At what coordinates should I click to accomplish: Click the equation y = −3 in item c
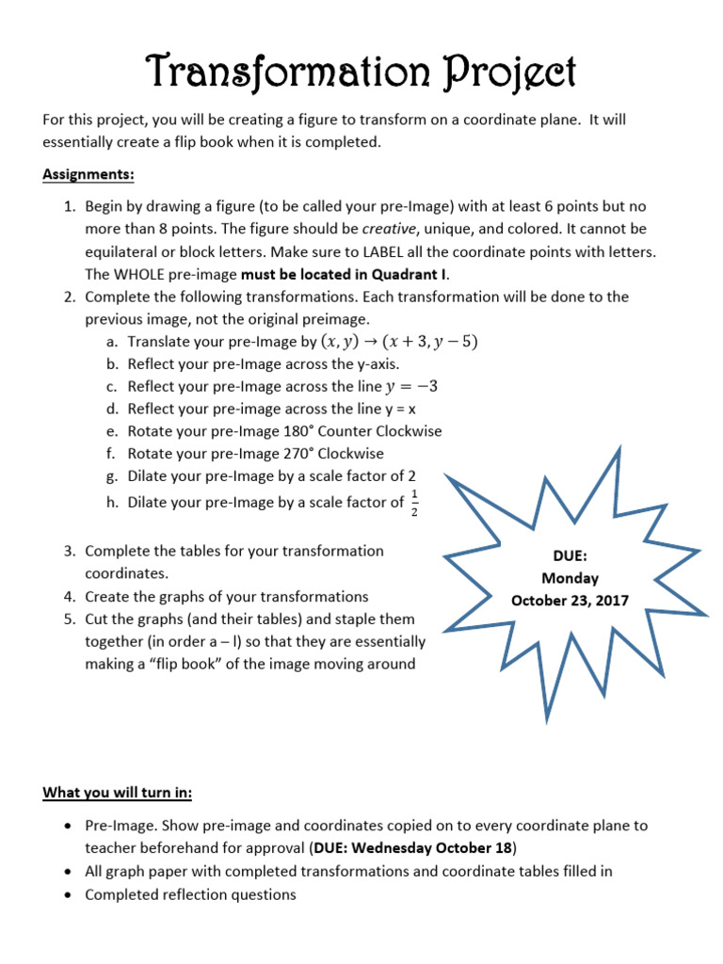pyautogui.click(x=412, y=386)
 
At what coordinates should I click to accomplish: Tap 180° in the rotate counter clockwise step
pyautogui.click(x=284, y=431)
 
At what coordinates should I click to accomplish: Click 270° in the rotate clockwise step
pyautogui.click(x=284, y=454)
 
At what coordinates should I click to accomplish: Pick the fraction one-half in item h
pyautogui.click(x=415, y=503)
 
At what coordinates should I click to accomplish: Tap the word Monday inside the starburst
pyautogui.click(x=570, y=578)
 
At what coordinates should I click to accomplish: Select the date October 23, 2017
pyautogui.click(x=570, y=600)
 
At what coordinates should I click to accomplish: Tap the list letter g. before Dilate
pyautogui.click(x=112, y=476)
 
